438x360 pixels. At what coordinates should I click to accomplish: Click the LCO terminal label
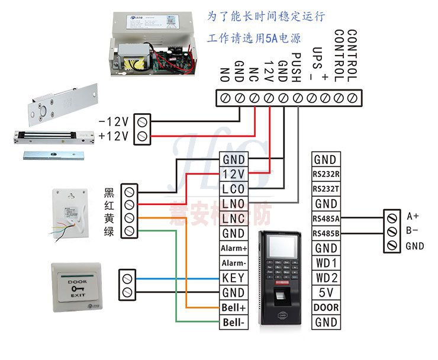233,189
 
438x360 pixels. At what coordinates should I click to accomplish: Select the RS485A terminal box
326,218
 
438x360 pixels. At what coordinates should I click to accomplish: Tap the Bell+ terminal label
233,308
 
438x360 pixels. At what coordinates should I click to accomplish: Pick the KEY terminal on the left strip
233,278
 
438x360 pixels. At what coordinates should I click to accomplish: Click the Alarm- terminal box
233,263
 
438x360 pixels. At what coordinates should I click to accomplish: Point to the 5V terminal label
326,292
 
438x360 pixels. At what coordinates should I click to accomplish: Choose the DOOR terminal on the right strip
326,307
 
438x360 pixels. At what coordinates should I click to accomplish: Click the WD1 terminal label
326,262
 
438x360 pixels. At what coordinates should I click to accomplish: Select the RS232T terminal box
326,188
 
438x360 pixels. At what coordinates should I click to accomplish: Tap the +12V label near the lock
114,137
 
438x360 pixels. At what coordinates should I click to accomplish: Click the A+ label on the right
413,215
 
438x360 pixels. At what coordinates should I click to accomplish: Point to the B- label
413,230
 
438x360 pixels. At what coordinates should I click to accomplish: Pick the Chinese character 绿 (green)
109,232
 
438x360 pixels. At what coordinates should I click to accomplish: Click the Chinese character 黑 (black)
109,192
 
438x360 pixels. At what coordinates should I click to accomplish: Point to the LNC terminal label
233,218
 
